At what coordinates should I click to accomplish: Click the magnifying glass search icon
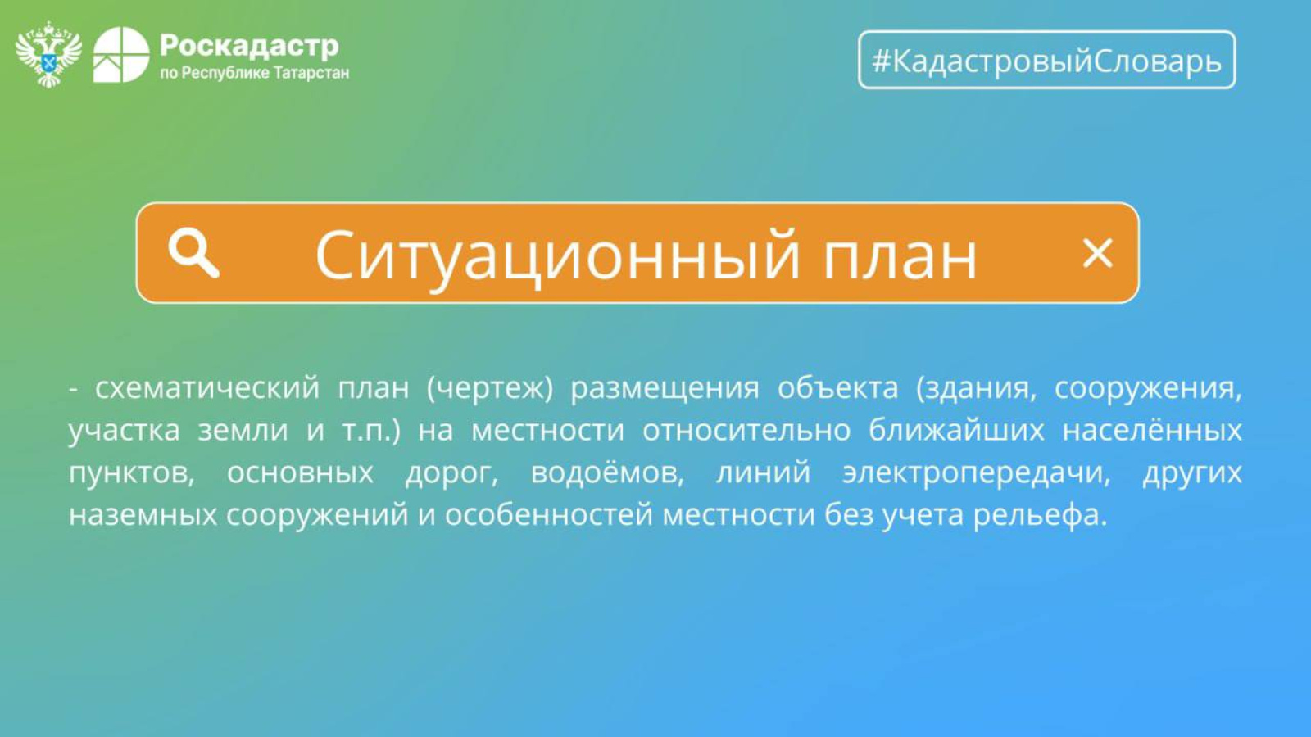pyautogui.click(x=193, y=253)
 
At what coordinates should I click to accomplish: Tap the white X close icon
pyautogui.click(x=1097, y=253)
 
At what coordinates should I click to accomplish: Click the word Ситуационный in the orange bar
pyautogui.click(x=557, y=255)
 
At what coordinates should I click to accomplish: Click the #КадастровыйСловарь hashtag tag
pyautogui.click(x=1047, y=60)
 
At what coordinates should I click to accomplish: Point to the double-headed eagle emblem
pyautogui.click(x=48, y=54)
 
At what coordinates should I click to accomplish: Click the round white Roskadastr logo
pyautogui.click(x=121, y=54)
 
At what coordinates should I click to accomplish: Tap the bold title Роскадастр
pyautogui.click(x=249, y=46)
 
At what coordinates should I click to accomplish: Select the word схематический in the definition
pyautogui.click(x=208, y=388)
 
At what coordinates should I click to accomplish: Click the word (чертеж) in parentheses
pyautogui.click(x=489, y=388)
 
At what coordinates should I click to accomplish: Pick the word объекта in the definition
pyautogui.click(x=837, y=388)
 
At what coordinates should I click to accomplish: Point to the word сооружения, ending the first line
pyautogui.click(x=1148, y=389)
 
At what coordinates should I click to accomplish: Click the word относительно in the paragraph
pyautogui.click(x=746, y=431)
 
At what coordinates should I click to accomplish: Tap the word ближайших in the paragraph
pyautogui.click(x=956, y=430)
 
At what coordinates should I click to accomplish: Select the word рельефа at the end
pyautogui.click(x=1041, y=516)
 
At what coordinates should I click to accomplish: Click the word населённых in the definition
pyautogui.click(x=1152, y=430)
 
